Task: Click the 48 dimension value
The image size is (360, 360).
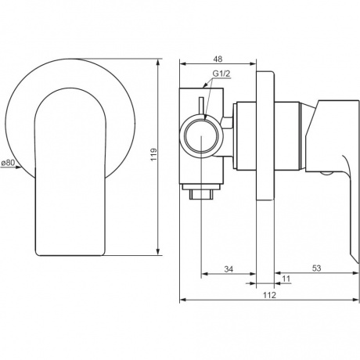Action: click(218, 59)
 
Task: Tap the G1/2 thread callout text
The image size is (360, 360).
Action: click(221, 74)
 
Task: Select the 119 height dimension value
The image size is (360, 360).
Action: click(154, 155)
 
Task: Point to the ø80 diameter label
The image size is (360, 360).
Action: click(8, 163)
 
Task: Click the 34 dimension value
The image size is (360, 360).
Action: click(229, 269)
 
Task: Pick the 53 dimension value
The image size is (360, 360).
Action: click(316, 268)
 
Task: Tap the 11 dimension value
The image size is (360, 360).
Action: click(286, 279)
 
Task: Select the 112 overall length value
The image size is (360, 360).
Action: click(269, 295)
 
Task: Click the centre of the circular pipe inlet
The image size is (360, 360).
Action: click(201, 137)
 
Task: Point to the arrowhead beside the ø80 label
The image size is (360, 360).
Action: click(18, 167)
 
